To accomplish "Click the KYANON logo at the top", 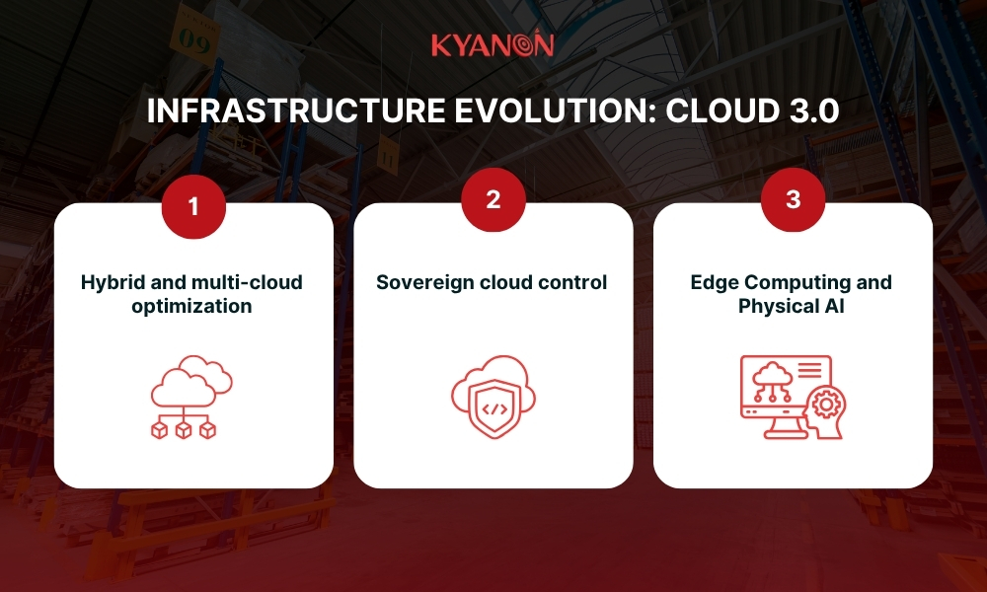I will pos(493,44).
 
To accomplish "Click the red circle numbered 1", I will pos(193,205).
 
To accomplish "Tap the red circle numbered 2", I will pos(493,200).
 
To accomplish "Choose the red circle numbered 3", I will pos(793,200).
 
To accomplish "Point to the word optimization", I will pos(193,306).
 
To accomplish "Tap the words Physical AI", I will pos(793,306).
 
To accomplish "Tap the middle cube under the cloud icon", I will pos(184,430).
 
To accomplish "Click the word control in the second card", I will pos(574,283).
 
